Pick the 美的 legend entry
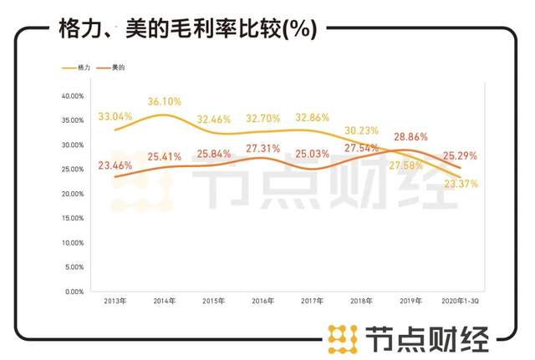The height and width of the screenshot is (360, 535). click(118, 66)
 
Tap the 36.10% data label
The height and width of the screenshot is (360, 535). click(165, 101)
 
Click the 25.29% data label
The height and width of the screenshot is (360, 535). click(460, 155)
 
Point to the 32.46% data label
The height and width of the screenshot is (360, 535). click(214, 119)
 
